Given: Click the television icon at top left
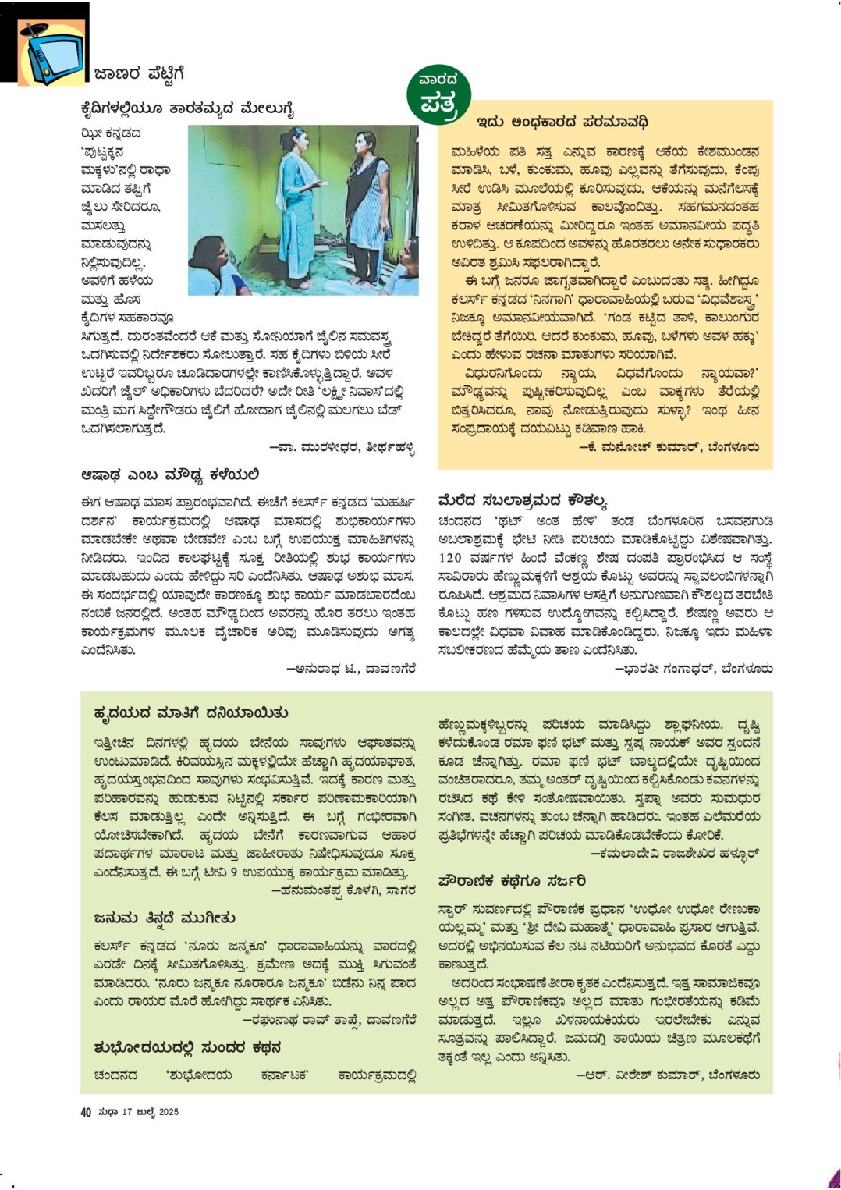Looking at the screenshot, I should pyautogui.click(x=52, y=54).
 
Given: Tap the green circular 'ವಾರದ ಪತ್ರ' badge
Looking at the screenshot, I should pyautogui.click(x=439, y=95).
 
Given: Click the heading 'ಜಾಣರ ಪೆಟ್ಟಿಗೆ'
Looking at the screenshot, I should pyautogui.click(x=139, y=74).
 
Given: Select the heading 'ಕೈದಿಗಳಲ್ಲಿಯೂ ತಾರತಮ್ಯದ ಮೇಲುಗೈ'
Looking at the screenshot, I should pyautogui.click(x=187, y=108).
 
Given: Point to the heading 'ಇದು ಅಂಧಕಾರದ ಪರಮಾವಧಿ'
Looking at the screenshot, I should pyautogui.click(x=562, y=123).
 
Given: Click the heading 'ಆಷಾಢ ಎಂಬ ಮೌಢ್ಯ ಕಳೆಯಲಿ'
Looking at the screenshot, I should pyautogui.click(x=170, y=475).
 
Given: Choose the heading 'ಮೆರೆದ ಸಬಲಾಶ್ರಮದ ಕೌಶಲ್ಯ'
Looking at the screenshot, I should pyautogui.click(x=522, y=500).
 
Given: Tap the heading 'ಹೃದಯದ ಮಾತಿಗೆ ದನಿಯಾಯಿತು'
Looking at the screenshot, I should pyautogui.click(x=191, y=713).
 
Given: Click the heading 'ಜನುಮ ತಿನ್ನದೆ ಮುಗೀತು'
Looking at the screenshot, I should pyautogui.click(x=164, y=918).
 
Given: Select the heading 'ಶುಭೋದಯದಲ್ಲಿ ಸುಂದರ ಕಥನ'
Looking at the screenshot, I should pyautogui.click(x=187, y=1047).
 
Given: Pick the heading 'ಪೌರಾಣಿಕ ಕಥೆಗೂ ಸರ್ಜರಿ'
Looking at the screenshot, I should pyautogui.click(x=512, y=880).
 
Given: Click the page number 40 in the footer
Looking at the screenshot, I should pyautogui.click(x=86, y=1112).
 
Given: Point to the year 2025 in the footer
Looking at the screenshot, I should pyautogui.click(x=169, y=1112).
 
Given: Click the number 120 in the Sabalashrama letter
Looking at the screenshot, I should pyautogui.click(x=450, y=558).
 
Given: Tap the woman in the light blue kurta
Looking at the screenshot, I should pyautogui.click(x=300, y=203).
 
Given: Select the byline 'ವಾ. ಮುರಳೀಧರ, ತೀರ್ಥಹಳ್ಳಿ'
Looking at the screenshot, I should pyautogui.click(x=342, y=448).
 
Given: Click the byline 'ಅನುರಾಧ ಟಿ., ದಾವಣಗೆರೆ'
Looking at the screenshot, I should pyautogui.click(x=351, y=669).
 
